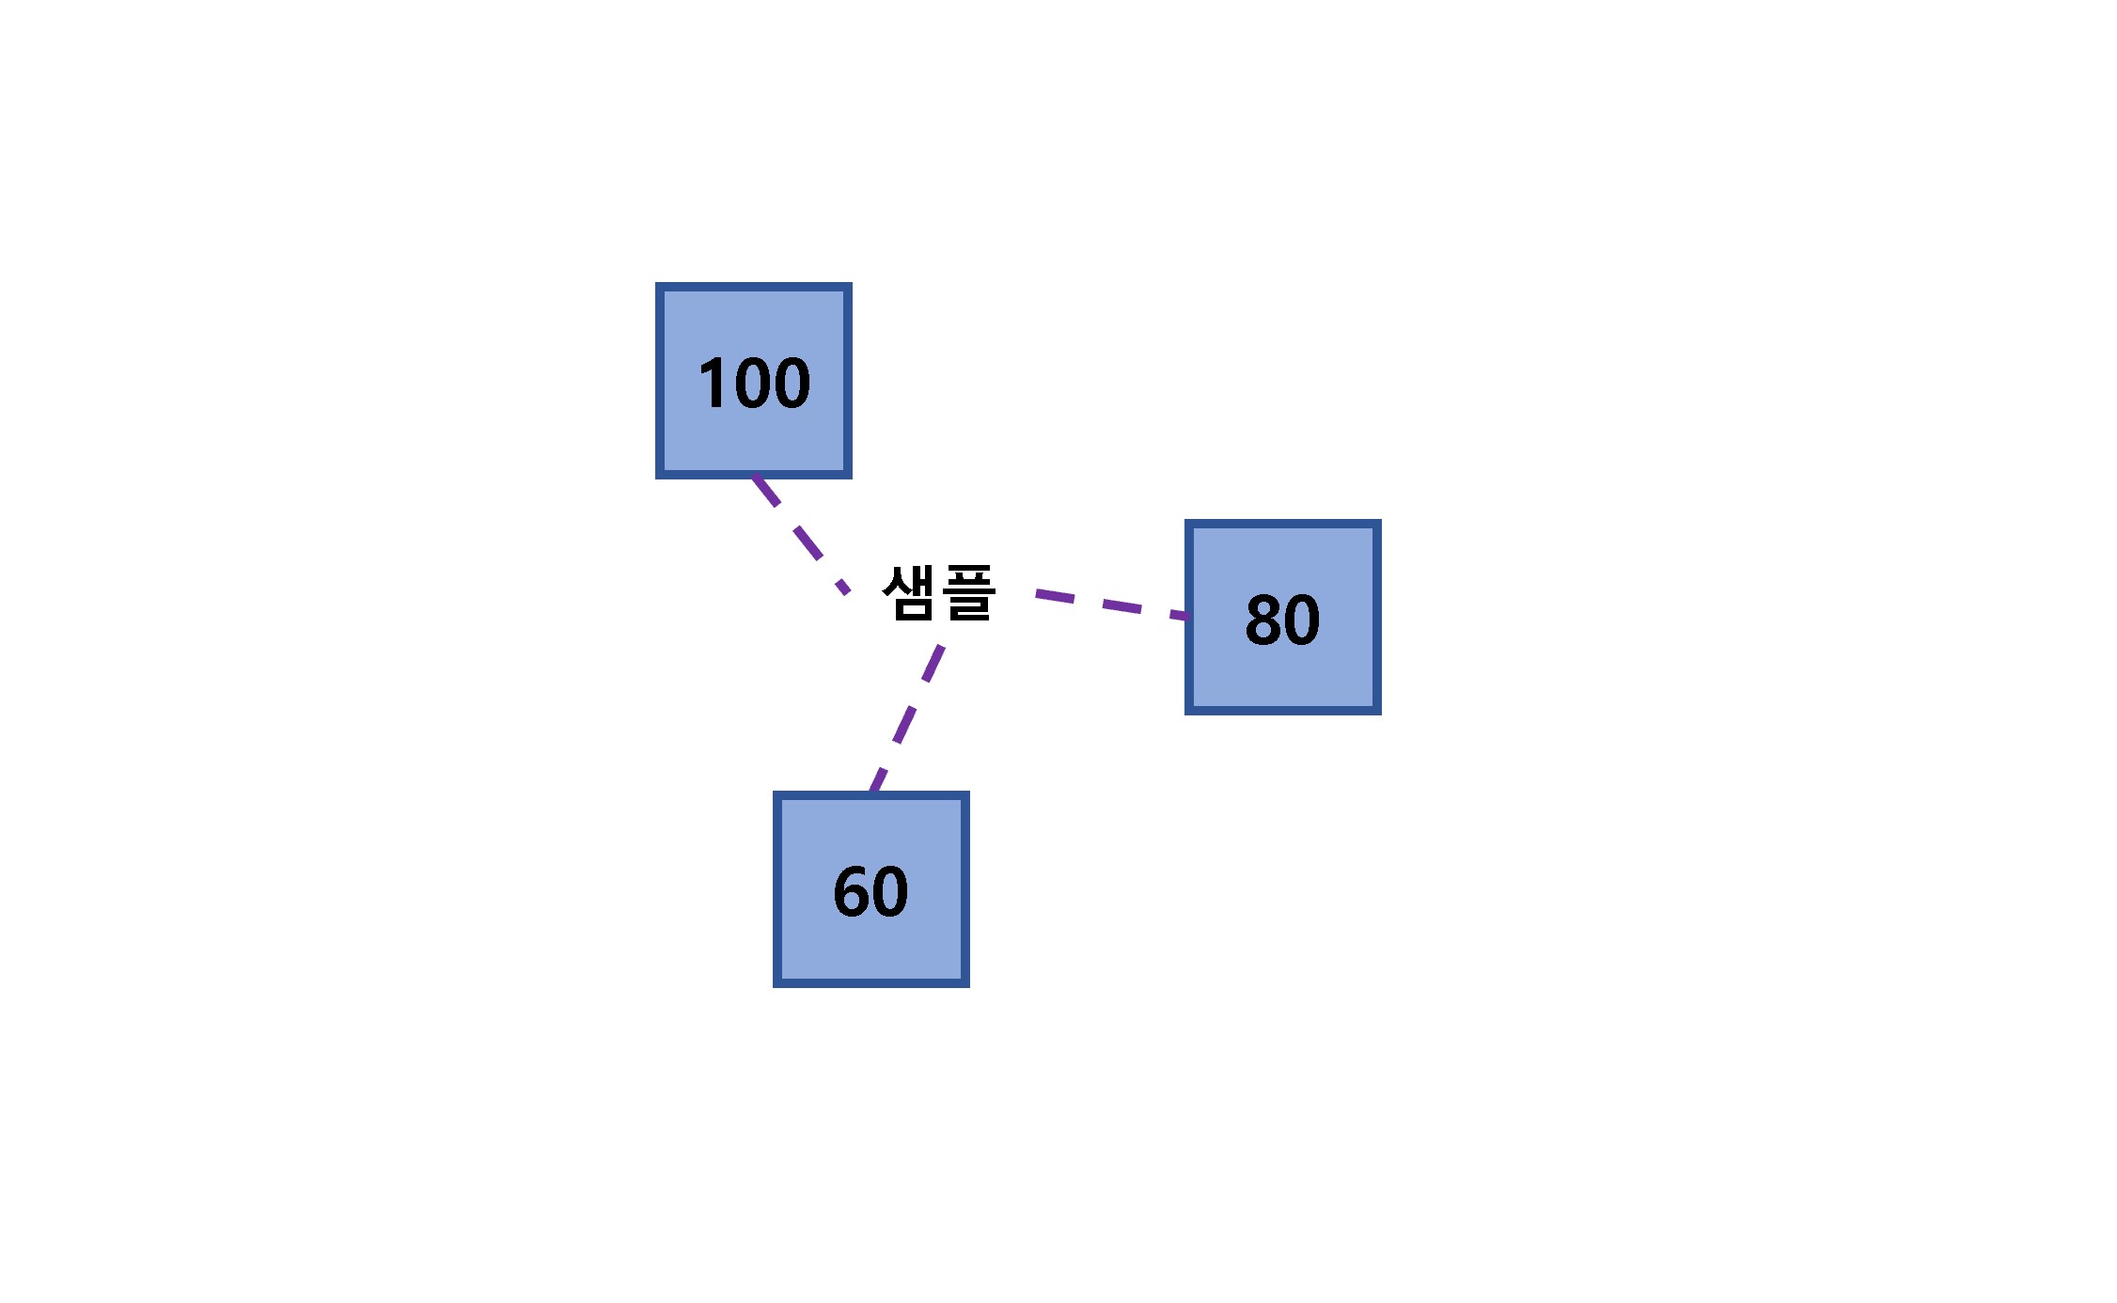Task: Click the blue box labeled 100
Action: pos(754,381)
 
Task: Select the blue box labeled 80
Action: pos(1283,617)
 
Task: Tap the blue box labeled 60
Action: pos(871,889)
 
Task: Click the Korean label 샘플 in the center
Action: pos(938,592)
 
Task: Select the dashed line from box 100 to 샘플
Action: pos(801,535)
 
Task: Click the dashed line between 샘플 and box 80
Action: pos(1112,604)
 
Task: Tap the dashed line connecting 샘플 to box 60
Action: pos(907,718)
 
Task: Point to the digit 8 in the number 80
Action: pos(1263,620)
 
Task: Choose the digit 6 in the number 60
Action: pos(852,891)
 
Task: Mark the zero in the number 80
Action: pos(1303,620)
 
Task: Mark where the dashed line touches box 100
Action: pos(754,477)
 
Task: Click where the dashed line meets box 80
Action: pos(1188,617)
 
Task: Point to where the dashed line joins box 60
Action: pos(872,793)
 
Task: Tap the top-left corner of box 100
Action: pos(656,283)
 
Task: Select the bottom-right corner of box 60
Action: pos(969,987)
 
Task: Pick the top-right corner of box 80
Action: pos(1381,520)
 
